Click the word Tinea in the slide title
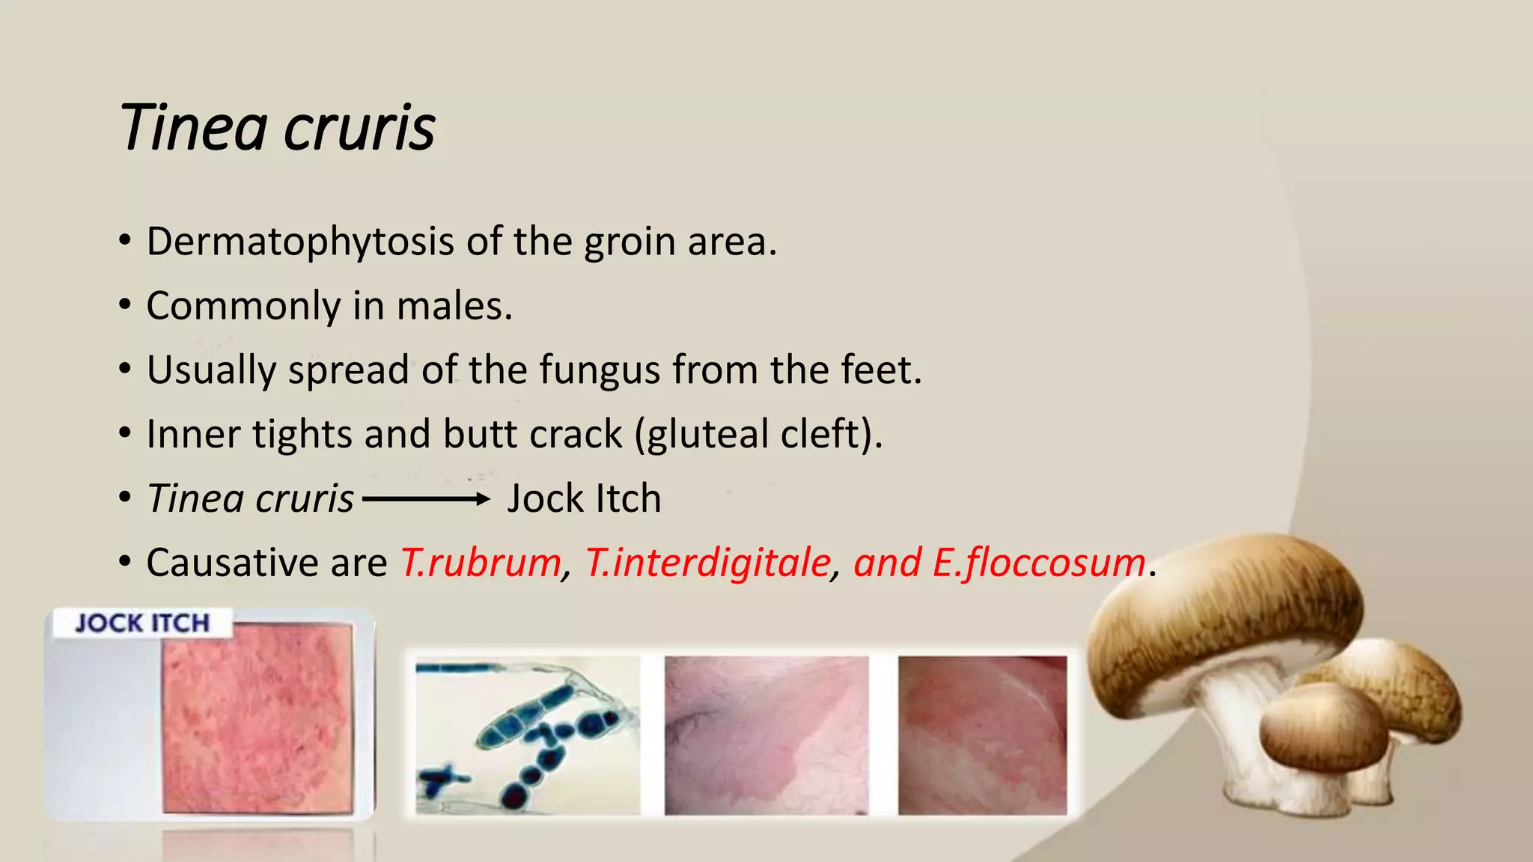point(193,127)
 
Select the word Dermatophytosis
point(300,242)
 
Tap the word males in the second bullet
point(454,306)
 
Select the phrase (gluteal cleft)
point(758,434)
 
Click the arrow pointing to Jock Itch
point(426,499)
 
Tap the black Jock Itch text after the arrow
point(584,499)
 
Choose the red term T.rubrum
point(481,563)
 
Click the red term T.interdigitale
point(707,563)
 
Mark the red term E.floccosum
point(1039,563)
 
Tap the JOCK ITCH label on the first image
point(142,623)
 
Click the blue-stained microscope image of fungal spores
point(527,736)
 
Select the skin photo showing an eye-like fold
point(766,736)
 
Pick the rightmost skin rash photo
point(982,736)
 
